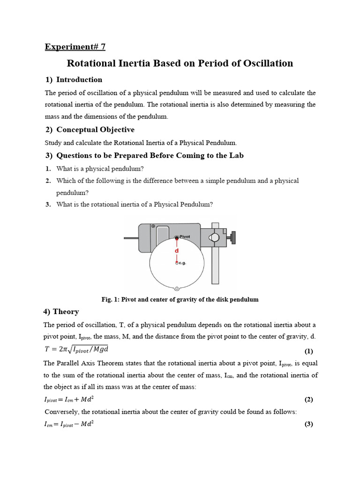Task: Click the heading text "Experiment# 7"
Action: click(x=75, y=46)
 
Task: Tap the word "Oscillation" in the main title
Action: click(x=266, y=63)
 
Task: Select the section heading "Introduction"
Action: click(x=79, y=80)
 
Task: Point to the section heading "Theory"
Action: click(x=66, y=312)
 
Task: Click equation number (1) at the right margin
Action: click(x=308, y=351)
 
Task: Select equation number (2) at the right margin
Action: click(x=308, y=399)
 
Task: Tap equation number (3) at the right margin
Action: click(x=308, y=424)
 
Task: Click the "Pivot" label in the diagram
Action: click(x=185, y=237)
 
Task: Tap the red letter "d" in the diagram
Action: click(x=177, y=251)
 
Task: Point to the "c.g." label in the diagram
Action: click(x=182, y=263)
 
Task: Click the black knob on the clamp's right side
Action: click(x=232, y=238)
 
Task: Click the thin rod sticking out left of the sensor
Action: click(x=131, y=238)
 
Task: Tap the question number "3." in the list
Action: click(x=48, y=204)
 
